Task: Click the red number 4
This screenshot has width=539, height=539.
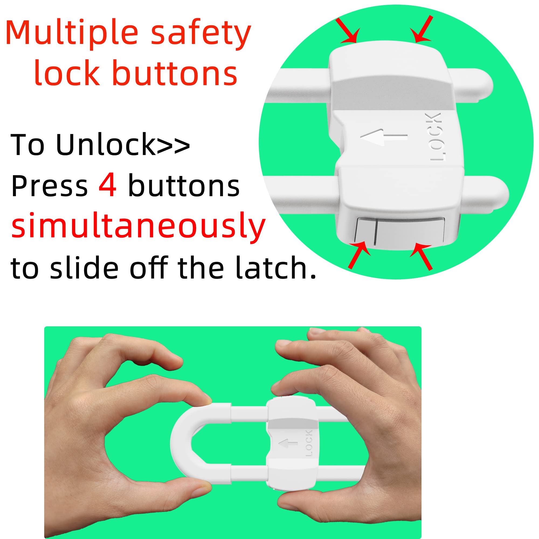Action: (x=108, y=186)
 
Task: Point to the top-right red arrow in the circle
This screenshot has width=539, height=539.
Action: (x=423, y=30)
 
